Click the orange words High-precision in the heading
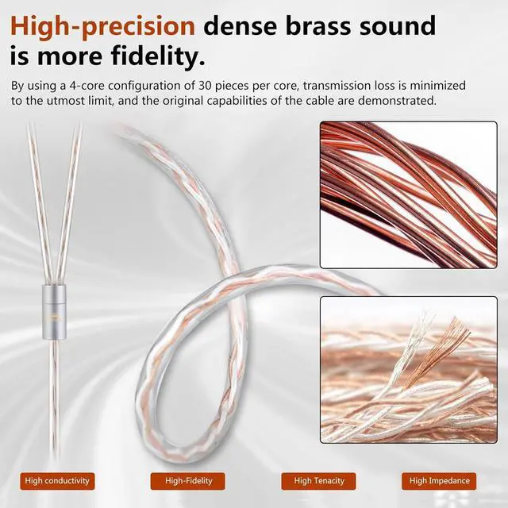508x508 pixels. click(102, 25)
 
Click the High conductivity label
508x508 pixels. click(57, 480)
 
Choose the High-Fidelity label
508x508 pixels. click(188, 480)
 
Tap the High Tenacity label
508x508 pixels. click(318, 480)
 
